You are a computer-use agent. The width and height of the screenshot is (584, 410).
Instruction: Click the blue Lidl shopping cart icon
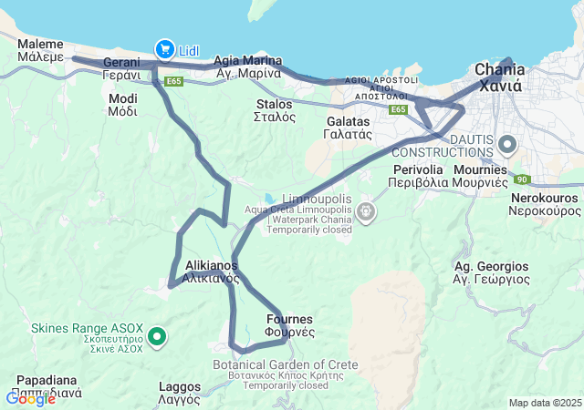click(165, 48)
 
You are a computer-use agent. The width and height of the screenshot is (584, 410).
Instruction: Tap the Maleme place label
click(40, 49)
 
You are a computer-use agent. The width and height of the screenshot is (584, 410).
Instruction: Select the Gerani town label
click(120, 68)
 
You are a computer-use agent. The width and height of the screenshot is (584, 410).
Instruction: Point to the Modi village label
click(122, 105)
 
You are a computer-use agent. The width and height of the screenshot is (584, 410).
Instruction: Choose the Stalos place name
click(274, 110)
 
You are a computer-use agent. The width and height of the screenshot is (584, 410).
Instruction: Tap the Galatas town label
click(347, 127)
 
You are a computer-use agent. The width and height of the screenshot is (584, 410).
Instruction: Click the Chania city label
click(499, 78)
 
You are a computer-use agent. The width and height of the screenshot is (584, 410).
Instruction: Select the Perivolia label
click(418, 175)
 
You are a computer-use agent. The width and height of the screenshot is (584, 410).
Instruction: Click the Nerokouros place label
click(546, 203)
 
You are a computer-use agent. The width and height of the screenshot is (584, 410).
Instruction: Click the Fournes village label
click(289, 325)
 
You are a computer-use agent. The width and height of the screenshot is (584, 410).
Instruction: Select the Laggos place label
click(179, 392)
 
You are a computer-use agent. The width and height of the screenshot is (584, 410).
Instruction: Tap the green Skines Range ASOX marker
click(157, 337)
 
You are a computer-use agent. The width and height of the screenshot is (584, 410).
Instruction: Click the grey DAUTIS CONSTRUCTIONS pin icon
click(507, 144)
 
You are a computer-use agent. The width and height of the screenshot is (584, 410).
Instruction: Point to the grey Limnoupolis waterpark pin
click(366, 213)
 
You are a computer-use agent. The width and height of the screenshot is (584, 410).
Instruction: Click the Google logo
click(30, 398)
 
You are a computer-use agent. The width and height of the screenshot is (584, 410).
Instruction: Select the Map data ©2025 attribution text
click(544, 403)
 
